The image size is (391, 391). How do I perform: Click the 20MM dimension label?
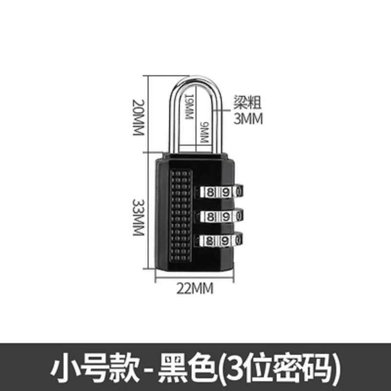[138, 117]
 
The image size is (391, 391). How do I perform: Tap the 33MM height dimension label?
[138, 217]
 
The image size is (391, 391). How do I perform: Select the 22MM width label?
[195, 288]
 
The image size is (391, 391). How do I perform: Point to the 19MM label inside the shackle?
[189, 107]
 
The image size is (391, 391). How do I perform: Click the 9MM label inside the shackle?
[204, 132]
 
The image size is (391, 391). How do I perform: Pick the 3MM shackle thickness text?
[248, 119]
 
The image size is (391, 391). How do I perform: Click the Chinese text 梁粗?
[247, 102]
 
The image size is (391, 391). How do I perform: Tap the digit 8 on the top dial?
[211, 193]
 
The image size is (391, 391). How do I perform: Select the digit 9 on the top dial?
[225, 193]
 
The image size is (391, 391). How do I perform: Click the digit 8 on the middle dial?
[211, 217]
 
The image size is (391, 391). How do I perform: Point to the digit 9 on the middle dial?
[225, 217]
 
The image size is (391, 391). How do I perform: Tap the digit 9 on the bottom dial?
[225, 241]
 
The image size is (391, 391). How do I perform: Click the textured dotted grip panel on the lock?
[181, 216]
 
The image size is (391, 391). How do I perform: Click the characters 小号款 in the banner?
[94, 368]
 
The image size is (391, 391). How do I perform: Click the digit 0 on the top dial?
[239, 193]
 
